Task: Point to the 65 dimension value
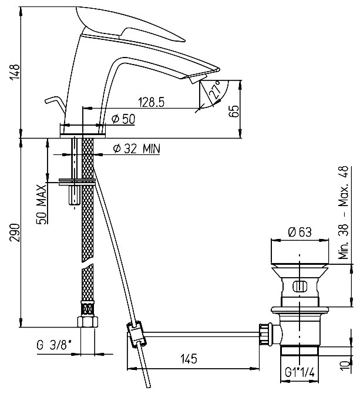(x=234, y=111)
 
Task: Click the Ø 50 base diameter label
(x=123, y=120)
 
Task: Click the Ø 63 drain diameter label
(x=300, y=231)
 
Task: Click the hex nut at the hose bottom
(x=87, y=321)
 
